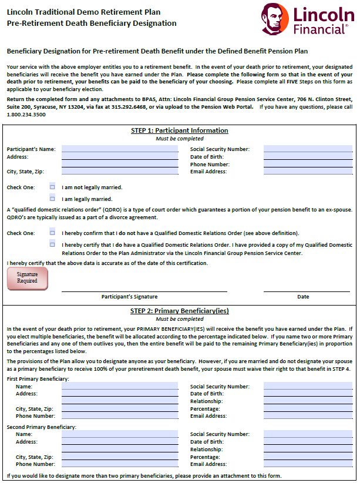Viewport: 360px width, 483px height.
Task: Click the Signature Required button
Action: tap(27, 278)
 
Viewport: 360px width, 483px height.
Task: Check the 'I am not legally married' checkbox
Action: tap(52, 187)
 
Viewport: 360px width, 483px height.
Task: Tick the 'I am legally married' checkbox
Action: tap(52, 199)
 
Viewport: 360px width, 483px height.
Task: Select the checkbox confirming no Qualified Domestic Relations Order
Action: tap(52, 233)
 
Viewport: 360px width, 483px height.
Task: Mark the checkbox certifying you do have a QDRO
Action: tap(52, 244)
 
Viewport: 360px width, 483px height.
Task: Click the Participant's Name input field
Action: tap(120, 149)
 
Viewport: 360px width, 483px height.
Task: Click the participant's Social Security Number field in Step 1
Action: tap(307, 149)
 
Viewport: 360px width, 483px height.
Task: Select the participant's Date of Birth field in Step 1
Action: tap(307, 157)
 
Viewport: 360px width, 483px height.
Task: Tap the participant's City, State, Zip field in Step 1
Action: tap(120, 172)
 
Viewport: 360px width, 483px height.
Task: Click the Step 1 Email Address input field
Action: tap(307, 172)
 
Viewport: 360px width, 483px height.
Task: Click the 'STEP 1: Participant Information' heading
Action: tap(179, 130)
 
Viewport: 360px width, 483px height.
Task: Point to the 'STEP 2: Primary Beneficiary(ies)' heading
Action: tap(179, 311)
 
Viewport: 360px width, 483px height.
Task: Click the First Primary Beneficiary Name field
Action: tap(120, 387)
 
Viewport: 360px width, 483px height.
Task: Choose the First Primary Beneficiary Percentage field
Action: tap(307, 408)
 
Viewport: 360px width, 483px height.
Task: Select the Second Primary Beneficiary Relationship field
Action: tap(307, 450)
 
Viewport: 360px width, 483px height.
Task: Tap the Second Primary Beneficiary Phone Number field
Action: tap(120, 464)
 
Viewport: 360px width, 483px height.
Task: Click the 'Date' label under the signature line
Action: tap(302, 297)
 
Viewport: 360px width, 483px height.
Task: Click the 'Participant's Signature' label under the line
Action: tap(129, 297)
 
